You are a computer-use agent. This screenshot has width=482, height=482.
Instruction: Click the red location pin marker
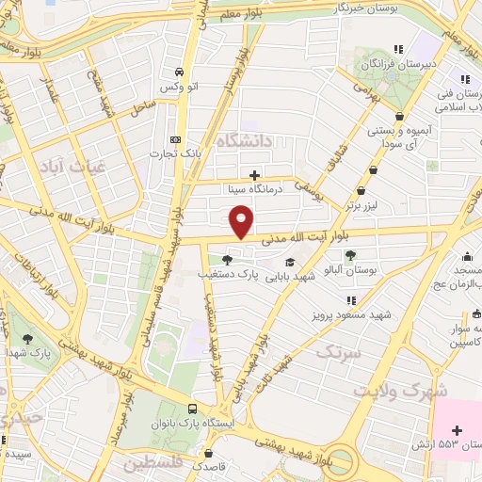tap(242, 222)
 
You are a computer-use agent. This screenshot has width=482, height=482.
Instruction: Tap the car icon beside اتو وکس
tap(178, 72)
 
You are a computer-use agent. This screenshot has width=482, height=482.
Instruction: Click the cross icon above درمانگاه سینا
tap(254, 174)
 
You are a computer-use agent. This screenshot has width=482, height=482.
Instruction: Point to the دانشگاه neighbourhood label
tap(247, 141)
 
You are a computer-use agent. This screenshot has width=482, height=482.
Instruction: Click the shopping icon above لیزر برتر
tap(375, 169)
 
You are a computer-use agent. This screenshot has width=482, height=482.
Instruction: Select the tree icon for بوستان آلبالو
tap(350, 255)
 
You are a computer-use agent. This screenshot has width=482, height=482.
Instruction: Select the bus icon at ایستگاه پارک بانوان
tap(193, 408)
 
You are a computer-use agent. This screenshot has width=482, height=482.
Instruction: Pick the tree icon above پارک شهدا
tap(28, 336)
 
